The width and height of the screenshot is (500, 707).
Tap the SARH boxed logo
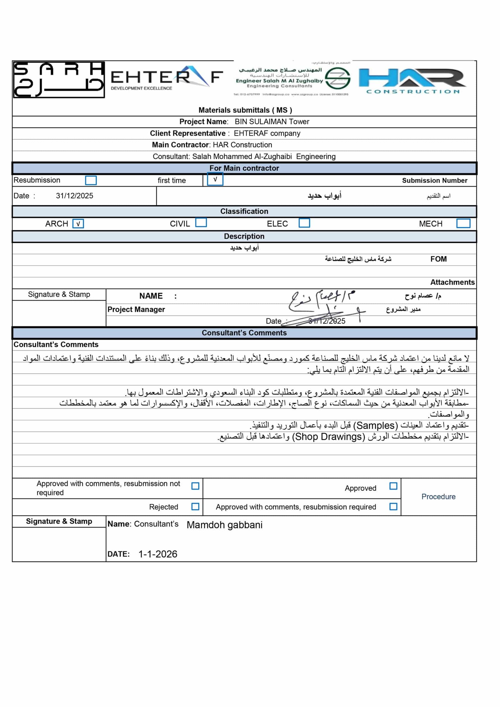(x=59, y=80)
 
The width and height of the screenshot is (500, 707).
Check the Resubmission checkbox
(x=91, y=180)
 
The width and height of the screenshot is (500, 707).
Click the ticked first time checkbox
(x=215, y=180)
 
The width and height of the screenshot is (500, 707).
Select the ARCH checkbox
(x=78, y=224)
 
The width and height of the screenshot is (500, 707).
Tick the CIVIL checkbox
(x=201, y=223)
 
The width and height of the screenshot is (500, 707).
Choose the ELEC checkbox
(x=304, y=223)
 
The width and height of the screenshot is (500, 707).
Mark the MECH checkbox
(x=463, y=223)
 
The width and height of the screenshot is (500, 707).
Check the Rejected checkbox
(x=195, y=506)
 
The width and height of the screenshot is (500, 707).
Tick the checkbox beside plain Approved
(x=393, y=486)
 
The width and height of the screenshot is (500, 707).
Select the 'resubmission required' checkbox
(x=393, y=506)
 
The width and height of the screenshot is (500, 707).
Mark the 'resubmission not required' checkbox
(x=195, y=486)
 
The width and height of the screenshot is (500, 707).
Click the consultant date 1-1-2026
(x=158, y=554)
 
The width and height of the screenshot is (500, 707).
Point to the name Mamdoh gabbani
(x=224, y=525)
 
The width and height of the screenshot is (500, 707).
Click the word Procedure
(x=438, y=496)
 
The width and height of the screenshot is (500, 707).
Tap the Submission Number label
(x=434, y=181)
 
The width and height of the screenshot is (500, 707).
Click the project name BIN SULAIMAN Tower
(x=272, y=122)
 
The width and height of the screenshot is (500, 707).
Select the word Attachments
(x=452, y=282)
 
